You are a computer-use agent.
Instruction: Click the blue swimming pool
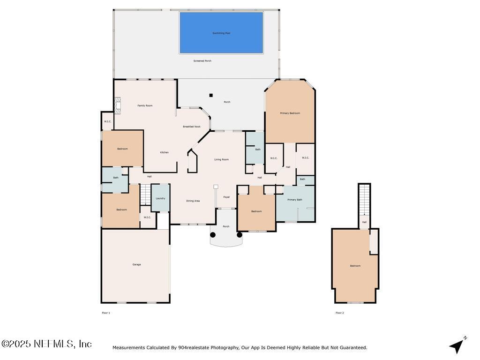pyautogui.click(x=221, y=33)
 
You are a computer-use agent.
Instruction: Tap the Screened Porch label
pyautogui.click(x=202, y=61)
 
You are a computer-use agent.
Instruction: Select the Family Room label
pyautogui.click(x=145, y=106)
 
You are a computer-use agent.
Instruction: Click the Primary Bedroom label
pyautogui.click(x=290, y=113)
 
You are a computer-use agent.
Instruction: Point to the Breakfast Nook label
pyautogui.click(x=192, y=127)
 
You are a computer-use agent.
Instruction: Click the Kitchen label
pyautogui.click(x=164, y=152)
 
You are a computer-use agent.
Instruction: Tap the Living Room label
pyautogui.click(x=222, y=160)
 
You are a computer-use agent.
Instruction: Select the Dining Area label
pyautogui.click(x=193, y=201)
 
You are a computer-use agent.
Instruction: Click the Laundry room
pyautogui.click(x=160, y=198)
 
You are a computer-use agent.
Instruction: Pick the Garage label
pyautogui.click(x=136, y=265)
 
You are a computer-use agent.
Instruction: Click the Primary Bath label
pyautogui.click(x=295, y=200)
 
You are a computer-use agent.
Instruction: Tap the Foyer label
pyautogui.click(x=226, y=197)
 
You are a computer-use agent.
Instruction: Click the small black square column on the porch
pyautogui.click(x=211, y=95)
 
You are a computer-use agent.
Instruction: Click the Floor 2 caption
pyautogui.click(x=339, y=313)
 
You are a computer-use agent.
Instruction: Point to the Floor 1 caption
pyautogui.click(x=106, y=313)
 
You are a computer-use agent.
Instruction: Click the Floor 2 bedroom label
pyautogui.click(x=355, y=266)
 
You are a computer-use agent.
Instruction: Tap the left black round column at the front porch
pyautogui.click(x=213, y=235)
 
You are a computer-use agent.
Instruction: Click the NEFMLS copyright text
pyautogui.click(x=46, y=344)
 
